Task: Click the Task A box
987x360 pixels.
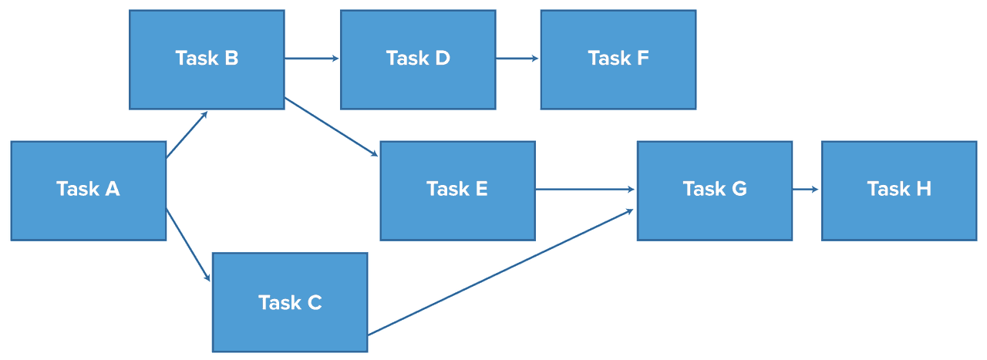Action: pos(88,190)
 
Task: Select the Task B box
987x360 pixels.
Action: pos(207,59)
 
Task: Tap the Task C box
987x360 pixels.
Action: pos(290,302)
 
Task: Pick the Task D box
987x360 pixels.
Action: pos(418,59)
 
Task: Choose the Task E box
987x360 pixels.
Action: pos(457,190)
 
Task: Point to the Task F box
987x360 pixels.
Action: pos(618,59)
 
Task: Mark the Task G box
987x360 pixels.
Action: pos(715,190)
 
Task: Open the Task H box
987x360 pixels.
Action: pos(899,190)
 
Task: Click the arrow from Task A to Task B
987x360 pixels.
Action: pos(187,135)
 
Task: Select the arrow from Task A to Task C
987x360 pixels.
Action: pos(187,244)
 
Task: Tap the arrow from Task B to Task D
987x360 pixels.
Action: pos(312,58)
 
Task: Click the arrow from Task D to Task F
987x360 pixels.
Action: pos(517,58)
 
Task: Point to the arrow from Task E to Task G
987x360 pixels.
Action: pos(584,189)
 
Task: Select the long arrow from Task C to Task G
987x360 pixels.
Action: pos(501,271)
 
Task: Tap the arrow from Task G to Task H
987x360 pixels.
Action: pos(806,189)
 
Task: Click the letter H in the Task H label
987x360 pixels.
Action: pos(922,189)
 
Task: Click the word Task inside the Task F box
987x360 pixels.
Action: pos(607,59)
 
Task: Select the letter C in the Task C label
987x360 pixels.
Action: pos(313,303)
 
